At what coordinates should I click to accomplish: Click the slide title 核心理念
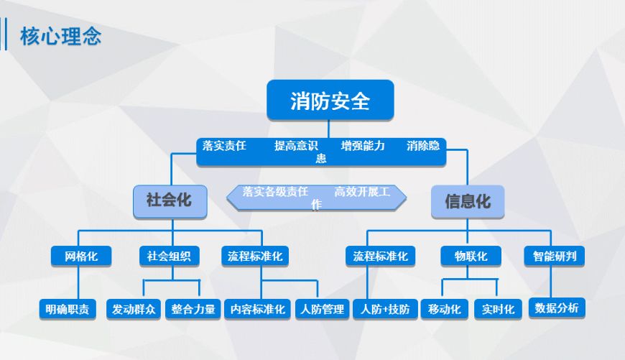coord(60,36)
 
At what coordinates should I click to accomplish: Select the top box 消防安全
coord(330,100)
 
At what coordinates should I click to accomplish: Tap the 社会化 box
coord(170,201)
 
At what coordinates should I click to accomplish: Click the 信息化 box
coord(468,201)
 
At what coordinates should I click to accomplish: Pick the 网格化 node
coord(81,256)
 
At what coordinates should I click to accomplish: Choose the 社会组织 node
coord(169,256)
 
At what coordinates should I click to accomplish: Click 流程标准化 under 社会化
coord(255,256)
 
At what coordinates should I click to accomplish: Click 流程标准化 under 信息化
coord(380,256)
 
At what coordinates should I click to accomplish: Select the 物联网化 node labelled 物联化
coord(471,256)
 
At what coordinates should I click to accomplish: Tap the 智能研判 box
coord(555,256)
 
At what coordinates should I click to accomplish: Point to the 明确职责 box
coord(68,309)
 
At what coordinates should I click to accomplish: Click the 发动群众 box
coord(134,309)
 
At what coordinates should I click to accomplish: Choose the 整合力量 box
coord(193,309)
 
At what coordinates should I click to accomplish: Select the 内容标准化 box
coord(257,309)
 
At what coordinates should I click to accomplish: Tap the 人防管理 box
coord(323,309)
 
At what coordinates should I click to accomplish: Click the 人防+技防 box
coord(385,309)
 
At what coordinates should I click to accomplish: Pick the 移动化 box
coord(445,309)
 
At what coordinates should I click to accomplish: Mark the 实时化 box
coord(499,309)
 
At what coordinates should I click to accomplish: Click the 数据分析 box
coord(557,308)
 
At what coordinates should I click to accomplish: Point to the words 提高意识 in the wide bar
coord(296,146)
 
